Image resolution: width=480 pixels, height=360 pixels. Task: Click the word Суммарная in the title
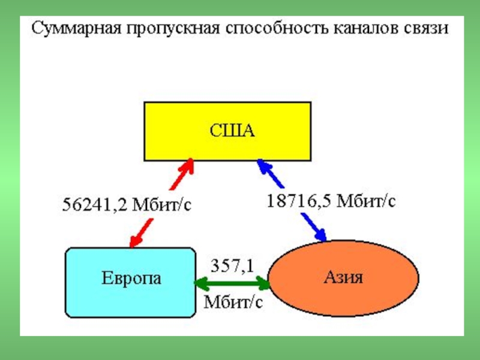[x=77, y=29]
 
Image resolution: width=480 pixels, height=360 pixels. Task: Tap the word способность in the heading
[x=277, y=29]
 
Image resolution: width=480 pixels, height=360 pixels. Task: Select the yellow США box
[x=227, y=131]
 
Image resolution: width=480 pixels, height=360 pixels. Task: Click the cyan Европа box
[x=130, y=283]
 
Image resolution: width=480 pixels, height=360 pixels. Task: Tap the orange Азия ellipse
[x=343, y=278]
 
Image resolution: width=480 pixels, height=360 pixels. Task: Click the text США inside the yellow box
[x=232, y=131]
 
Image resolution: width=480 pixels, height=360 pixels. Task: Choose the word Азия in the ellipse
[x=343, y=277]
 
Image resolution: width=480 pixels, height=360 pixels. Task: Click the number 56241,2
[x=95, y=205]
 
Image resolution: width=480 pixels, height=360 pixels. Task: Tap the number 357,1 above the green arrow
[x=233, y=266]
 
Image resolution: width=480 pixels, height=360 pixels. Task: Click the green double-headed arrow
[x=232, y=283]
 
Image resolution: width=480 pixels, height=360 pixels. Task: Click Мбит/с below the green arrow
[x=233, y=302]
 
